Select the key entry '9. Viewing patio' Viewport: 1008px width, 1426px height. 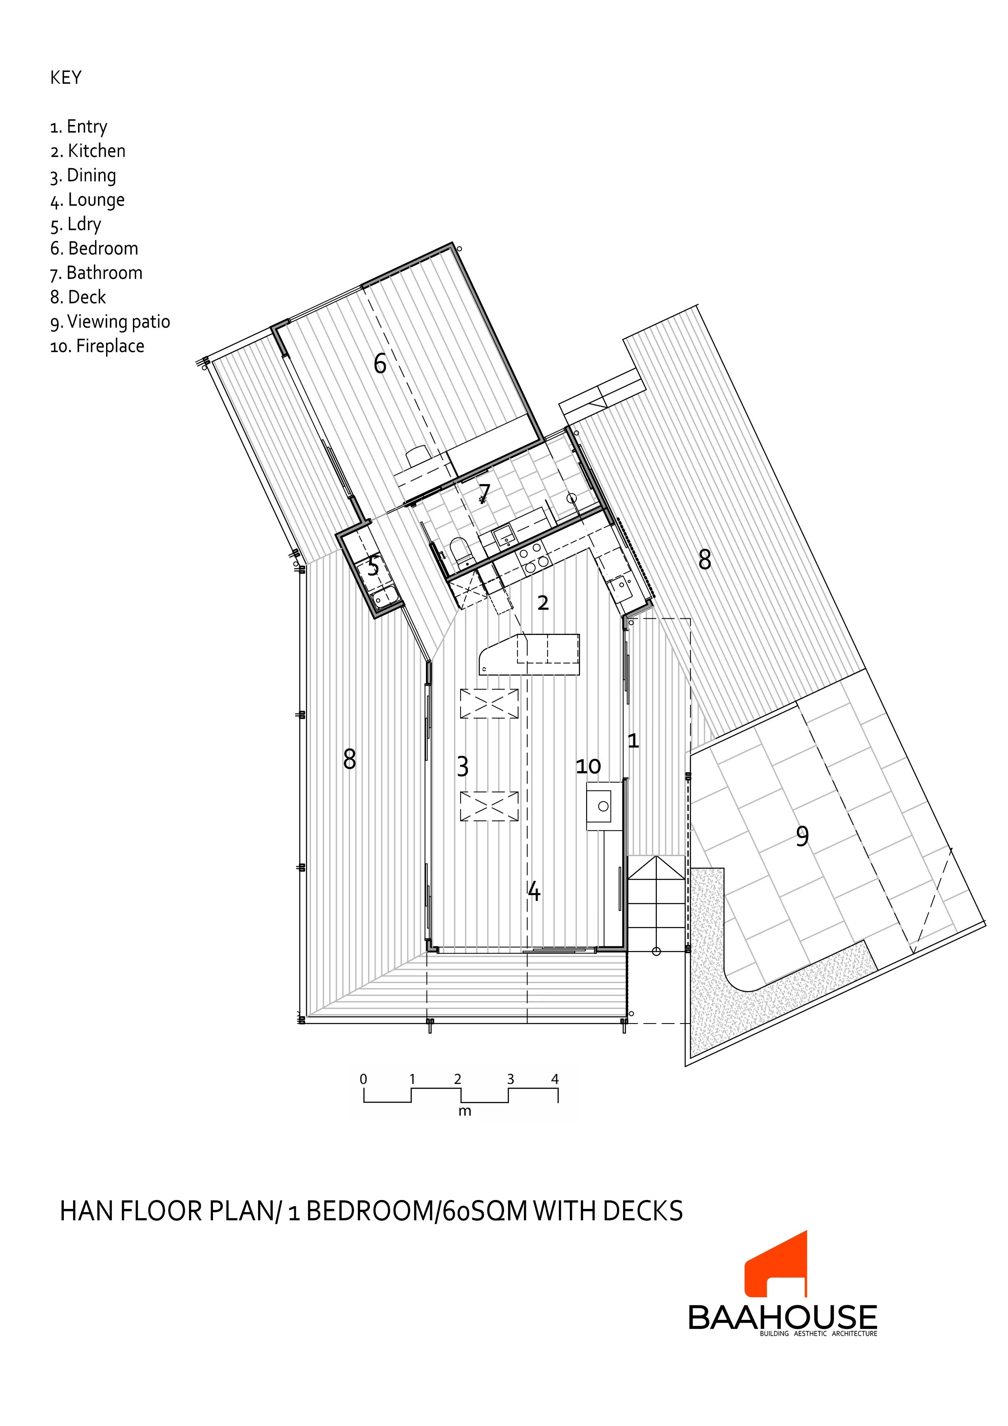[x=110, y=322]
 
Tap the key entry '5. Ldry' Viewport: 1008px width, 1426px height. [x=75, y=224]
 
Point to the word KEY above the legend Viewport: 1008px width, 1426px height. [x=66, y=78]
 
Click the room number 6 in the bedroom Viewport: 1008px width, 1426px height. [x=380, y=363]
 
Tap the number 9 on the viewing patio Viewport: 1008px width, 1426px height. [x=802, y=837]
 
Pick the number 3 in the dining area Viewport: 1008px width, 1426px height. [x=463, y=767]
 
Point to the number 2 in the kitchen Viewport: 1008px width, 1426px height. [x=543, y=602]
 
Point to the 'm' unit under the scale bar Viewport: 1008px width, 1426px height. [x=465, y=1112]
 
